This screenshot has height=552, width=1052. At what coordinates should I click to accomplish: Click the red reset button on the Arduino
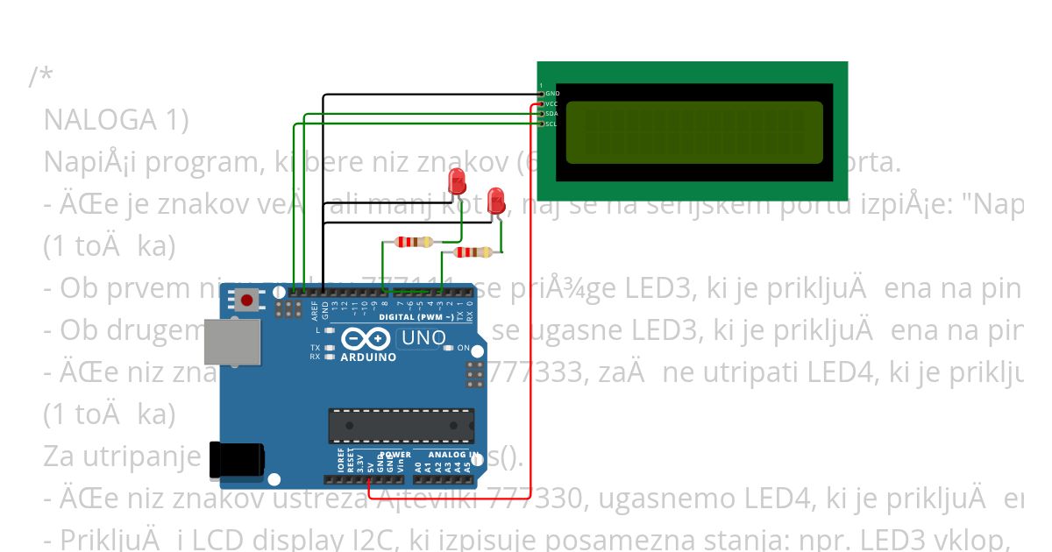(x=247, y=301)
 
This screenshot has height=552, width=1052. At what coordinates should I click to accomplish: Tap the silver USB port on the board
(x=231, y=342)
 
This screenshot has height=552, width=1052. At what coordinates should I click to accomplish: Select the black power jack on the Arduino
(x=237, y=460)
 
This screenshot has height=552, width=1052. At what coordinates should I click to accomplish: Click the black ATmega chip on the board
(x=401, y=425)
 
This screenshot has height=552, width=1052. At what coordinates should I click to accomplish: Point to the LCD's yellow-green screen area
(x=693, y=132)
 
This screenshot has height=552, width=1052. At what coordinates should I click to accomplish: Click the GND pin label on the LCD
(x=552, y=93)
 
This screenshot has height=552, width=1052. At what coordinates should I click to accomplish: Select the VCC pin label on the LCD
(x=551, y=103)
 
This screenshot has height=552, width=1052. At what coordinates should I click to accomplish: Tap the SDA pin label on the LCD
(x=551, y=114)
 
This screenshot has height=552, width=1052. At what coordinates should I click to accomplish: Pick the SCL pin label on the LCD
(x=551, y=124)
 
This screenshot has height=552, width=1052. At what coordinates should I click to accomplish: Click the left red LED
(x=457, y=182)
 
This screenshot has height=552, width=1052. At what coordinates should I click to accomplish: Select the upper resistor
(x=414, y=242)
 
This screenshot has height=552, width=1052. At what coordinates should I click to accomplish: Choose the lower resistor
(x=472, y=252)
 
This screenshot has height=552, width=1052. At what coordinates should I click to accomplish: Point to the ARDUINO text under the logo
(x=368, y=357)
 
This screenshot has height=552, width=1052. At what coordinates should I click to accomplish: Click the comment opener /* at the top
(x=40, y=77)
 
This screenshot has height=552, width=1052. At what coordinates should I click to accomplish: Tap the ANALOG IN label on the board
(x=452, y=455)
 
